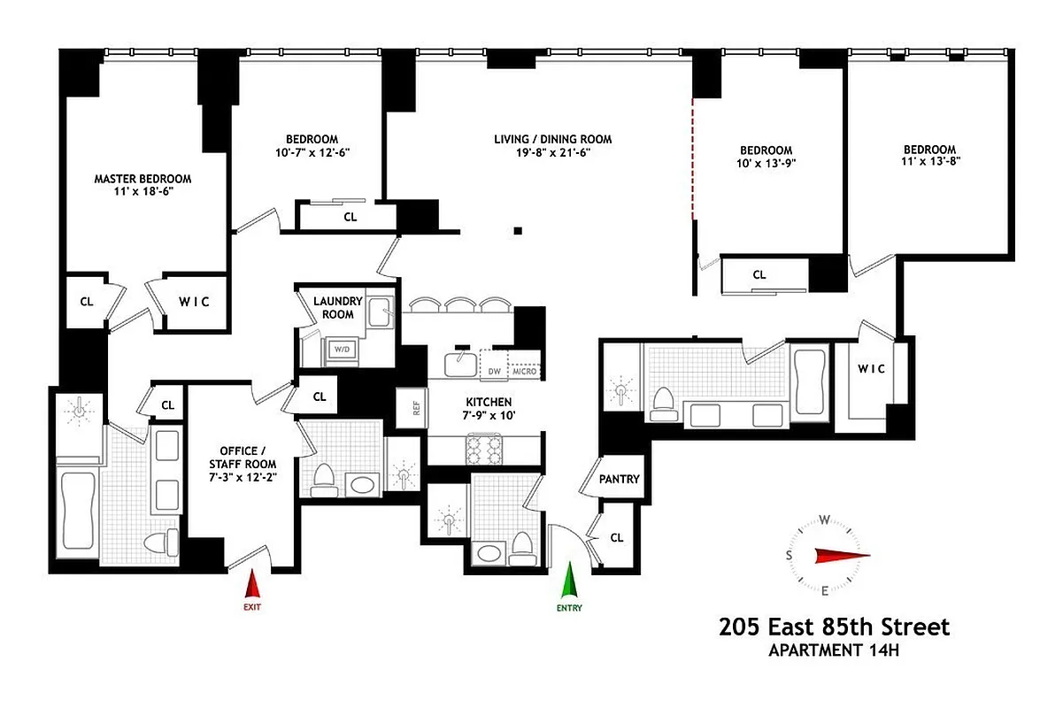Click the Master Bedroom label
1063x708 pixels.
[x=143, y=185]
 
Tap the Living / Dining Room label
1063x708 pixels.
[x=552, y=145]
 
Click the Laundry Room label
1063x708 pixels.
[x=333, y=307]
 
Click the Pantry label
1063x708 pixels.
[x=620, y=479]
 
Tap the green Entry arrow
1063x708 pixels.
[x=569, y=584]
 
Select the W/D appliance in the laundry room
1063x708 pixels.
[x=341, y=350]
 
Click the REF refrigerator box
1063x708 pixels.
[x=415, y=408]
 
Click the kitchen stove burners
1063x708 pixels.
[x=485, y=450]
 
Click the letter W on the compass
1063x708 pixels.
[x=824, y=519]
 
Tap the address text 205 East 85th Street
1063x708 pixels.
[x=834, y=627]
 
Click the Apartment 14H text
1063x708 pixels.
[x=834, y=651]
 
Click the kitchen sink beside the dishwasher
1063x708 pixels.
[x=460, y=363]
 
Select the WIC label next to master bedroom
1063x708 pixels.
[x=195, y=302]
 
